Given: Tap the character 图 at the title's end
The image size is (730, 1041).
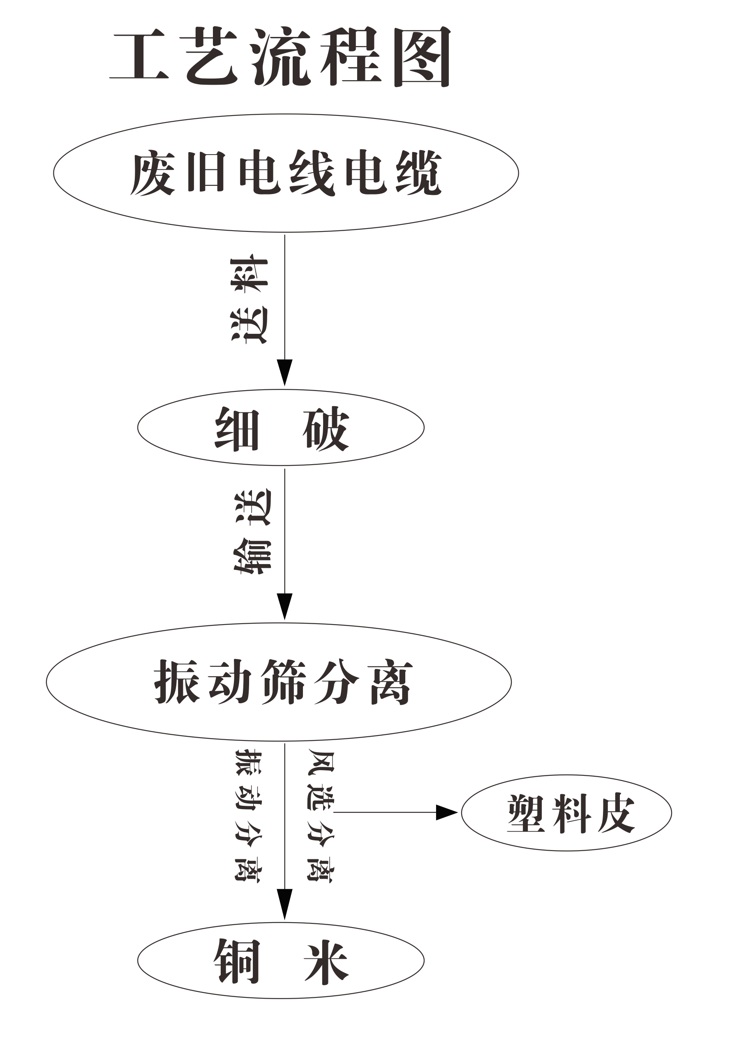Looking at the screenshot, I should (x=422, y=57).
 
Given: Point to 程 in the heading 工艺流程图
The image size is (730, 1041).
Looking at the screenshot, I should (x=351, y=56).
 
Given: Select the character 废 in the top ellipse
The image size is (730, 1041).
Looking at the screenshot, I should (x=153, y=173).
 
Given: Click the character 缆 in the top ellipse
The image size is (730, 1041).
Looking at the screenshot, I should (x=418, y=173).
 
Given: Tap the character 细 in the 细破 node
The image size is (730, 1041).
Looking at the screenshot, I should (x=237, y=428).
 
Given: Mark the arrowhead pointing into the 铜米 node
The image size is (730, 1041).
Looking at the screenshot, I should (x=285, y=903).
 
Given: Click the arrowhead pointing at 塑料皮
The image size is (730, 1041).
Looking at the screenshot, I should (x=446, y=812).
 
